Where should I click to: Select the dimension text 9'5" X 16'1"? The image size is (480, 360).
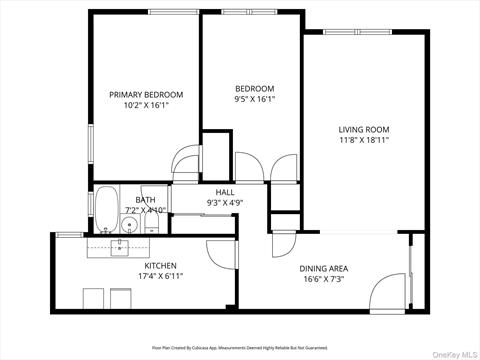[254, 99]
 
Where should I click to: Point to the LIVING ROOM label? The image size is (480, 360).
[363, 129]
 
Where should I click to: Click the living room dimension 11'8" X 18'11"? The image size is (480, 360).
[363, 141]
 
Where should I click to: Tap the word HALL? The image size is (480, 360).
[225, 191]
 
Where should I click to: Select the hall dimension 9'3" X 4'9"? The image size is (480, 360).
[225, 203]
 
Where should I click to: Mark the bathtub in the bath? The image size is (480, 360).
[105, 209]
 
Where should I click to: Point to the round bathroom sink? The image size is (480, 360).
[127, 225]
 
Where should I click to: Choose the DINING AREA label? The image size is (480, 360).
[324, 268]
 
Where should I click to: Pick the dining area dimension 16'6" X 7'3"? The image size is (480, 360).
[324, 280]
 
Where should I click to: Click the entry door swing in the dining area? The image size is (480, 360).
[386, 291]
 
